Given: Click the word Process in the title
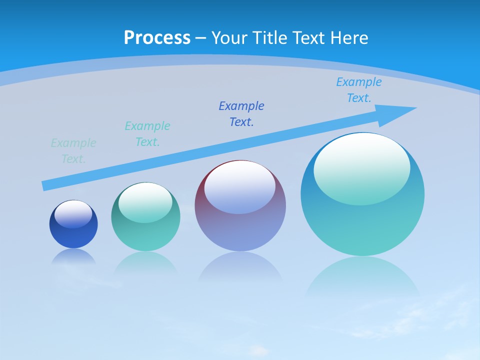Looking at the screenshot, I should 157,38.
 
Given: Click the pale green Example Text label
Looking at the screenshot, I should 73,151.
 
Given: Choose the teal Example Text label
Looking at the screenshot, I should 147,134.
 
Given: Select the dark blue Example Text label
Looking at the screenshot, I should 241,113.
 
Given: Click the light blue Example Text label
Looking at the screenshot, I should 359,90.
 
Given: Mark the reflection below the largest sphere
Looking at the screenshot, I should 362,275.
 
